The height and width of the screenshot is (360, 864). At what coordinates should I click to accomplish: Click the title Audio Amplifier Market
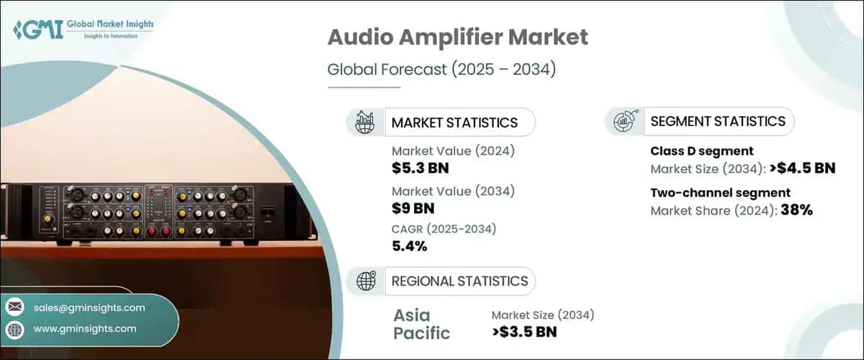[457, 38]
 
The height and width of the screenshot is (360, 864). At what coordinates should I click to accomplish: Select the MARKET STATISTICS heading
[454, 122]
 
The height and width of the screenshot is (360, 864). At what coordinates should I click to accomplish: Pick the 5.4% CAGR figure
[410, 246]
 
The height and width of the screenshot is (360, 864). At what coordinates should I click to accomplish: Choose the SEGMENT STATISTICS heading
[718, 122]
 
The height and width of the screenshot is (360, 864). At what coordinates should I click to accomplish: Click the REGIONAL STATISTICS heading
[459, 281]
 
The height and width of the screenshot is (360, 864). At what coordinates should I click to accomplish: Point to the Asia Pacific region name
[422, 324]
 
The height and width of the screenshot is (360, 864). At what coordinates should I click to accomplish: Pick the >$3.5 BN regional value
[524, 332]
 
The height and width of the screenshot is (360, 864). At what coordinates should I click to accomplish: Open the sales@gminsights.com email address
[89, 307]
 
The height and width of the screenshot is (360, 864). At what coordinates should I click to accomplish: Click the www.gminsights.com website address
[85, 328]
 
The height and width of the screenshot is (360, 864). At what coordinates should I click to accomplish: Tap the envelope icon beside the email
[15, 307]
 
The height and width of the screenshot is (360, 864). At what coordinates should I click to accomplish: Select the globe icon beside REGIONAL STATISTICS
[366, 281]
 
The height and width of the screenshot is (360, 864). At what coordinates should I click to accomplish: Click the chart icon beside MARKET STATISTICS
[366, 122]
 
